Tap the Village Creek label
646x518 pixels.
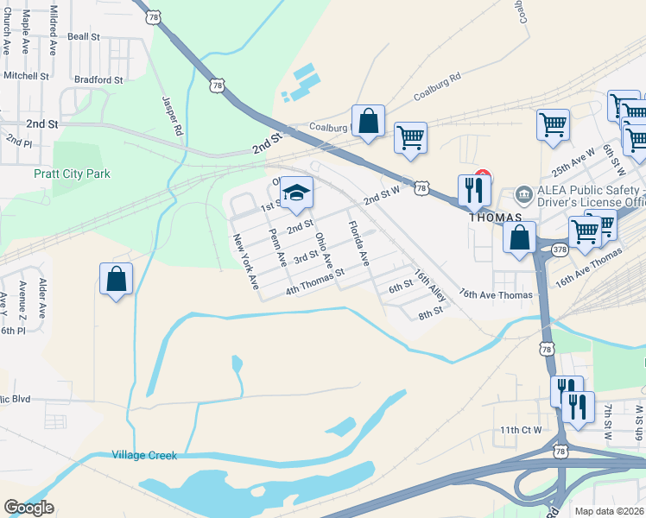[143, 455]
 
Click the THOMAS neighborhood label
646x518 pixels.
[494, 217]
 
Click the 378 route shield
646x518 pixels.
[560, 250]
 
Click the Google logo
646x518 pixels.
[28, 508]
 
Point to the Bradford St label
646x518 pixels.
[99, 79]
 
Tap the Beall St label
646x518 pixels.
[84, 37]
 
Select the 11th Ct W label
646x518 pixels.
[520, 429]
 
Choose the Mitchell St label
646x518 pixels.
[27, 76]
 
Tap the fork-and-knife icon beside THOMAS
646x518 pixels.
[473, 190]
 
